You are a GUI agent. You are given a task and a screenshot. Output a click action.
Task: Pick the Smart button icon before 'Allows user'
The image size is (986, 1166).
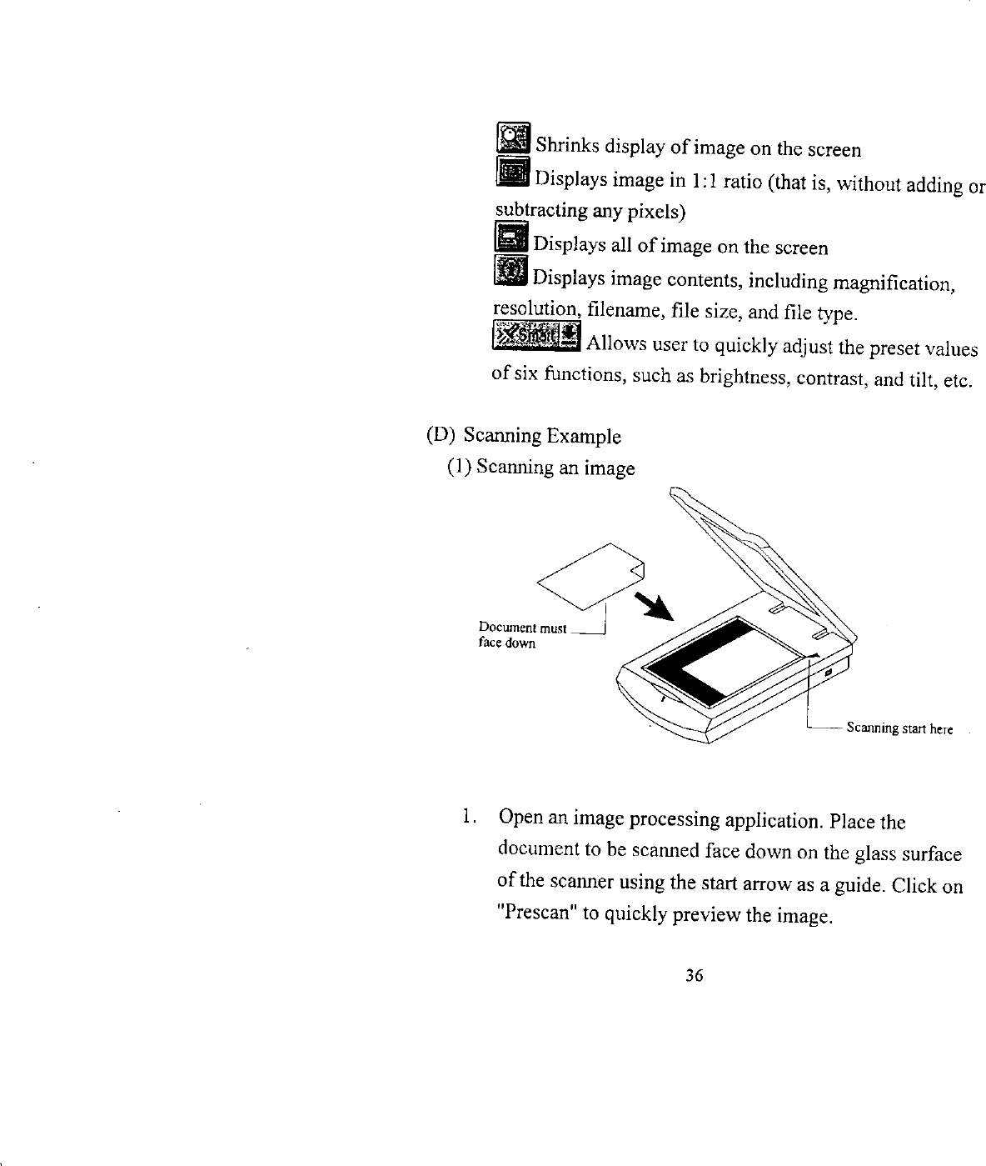tap(535, 336)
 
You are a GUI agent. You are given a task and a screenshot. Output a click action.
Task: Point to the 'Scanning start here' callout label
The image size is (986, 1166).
tap(899, 729)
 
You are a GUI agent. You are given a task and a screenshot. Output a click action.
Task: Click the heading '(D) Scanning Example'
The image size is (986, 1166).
tap(524, 436)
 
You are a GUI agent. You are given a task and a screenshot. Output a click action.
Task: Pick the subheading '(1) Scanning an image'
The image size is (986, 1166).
tap(541, 468)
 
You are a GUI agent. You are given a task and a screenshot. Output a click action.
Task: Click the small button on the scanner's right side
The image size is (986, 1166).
tap(829, 673)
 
